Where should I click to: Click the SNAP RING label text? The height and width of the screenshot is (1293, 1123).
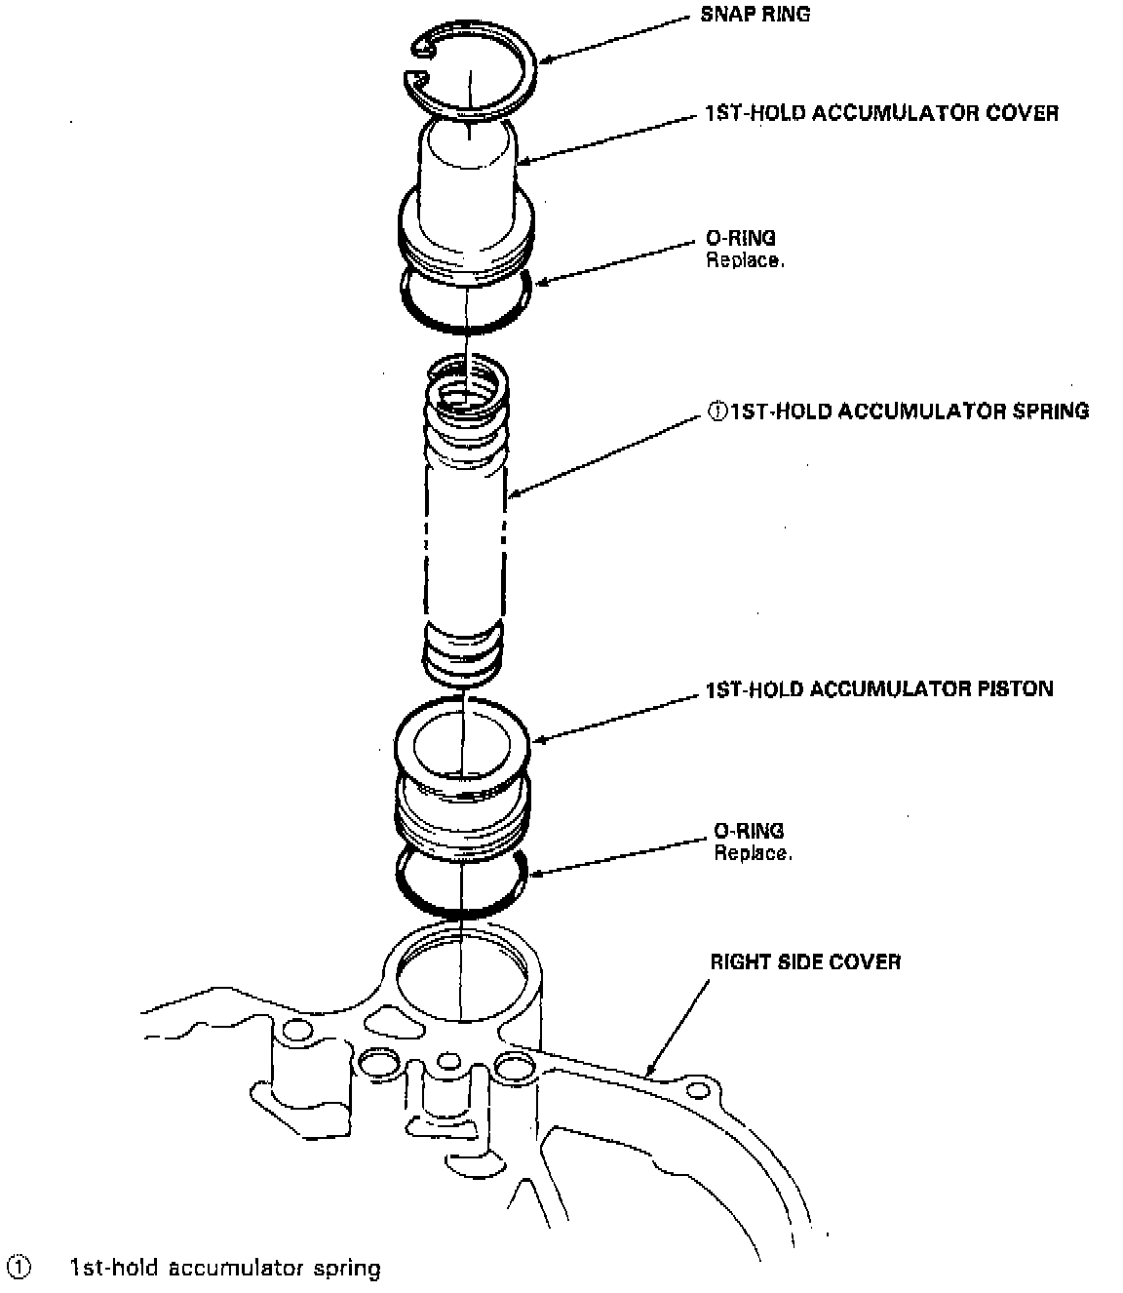coord(755,15)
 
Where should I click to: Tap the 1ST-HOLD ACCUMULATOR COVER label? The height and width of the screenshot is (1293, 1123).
coord(881,113)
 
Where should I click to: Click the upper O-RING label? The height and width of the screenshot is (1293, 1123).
coord(740,237)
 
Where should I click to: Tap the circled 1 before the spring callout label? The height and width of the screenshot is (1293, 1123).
coord(716,411)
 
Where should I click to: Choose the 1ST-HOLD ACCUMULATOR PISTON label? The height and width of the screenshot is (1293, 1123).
coord(879,689)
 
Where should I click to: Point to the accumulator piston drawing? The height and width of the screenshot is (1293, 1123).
coord(464,780)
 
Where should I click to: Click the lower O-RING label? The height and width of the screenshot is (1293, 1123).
coord(748,831)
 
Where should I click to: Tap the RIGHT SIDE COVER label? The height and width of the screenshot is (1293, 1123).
coord(804,961)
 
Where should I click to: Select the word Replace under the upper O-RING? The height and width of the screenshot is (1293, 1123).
coord(744,260)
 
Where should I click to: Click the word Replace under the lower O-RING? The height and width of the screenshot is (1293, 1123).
coord(752,854)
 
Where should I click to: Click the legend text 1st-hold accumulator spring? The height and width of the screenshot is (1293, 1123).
coord(225,1268)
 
